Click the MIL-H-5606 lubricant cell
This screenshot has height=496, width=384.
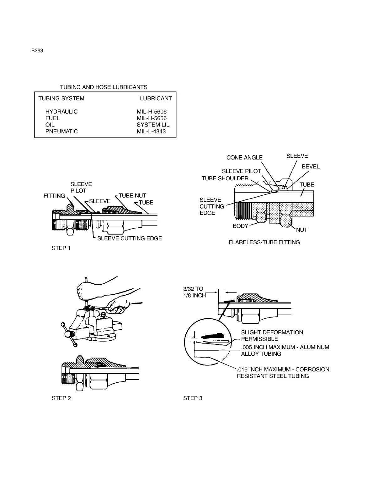click(x=152, y=111)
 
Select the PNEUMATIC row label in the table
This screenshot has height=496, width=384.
click(x=61, y=131)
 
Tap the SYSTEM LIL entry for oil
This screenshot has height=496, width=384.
click(x=153, y=125)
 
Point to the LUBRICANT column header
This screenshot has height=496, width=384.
click(x=156, y=98)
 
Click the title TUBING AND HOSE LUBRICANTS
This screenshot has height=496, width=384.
click(x=104, y=87)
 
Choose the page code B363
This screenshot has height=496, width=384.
click(x=37, y=51)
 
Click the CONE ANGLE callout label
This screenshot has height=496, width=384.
click(x=244, y=158)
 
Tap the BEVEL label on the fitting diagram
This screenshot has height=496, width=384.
click(x=311, y=167)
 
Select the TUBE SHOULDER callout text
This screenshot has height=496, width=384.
click(x=225, y=178)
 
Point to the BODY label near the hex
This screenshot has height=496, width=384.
click(x=241, y=226)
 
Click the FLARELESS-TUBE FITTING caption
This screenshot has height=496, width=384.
click(x=264, y=242)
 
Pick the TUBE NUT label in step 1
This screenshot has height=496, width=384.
click(x=132, y=196)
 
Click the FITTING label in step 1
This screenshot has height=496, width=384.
click(x=54, y=196)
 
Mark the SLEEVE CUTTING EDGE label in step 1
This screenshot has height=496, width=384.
click(x=130, y=238)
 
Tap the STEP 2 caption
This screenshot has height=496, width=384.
click(x=61, y=398)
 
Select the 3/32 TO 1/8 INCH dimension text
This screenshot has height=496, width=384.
click(x=194, y=292)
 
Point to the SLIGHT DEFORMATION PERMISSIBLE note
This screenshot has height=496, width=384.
click(x=272, y=335)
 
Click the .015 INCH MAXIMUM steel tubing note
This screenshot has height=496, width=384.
click(x=283, y=373)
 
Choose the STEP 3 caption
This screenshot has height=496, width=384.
click(x=193, y=398)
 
